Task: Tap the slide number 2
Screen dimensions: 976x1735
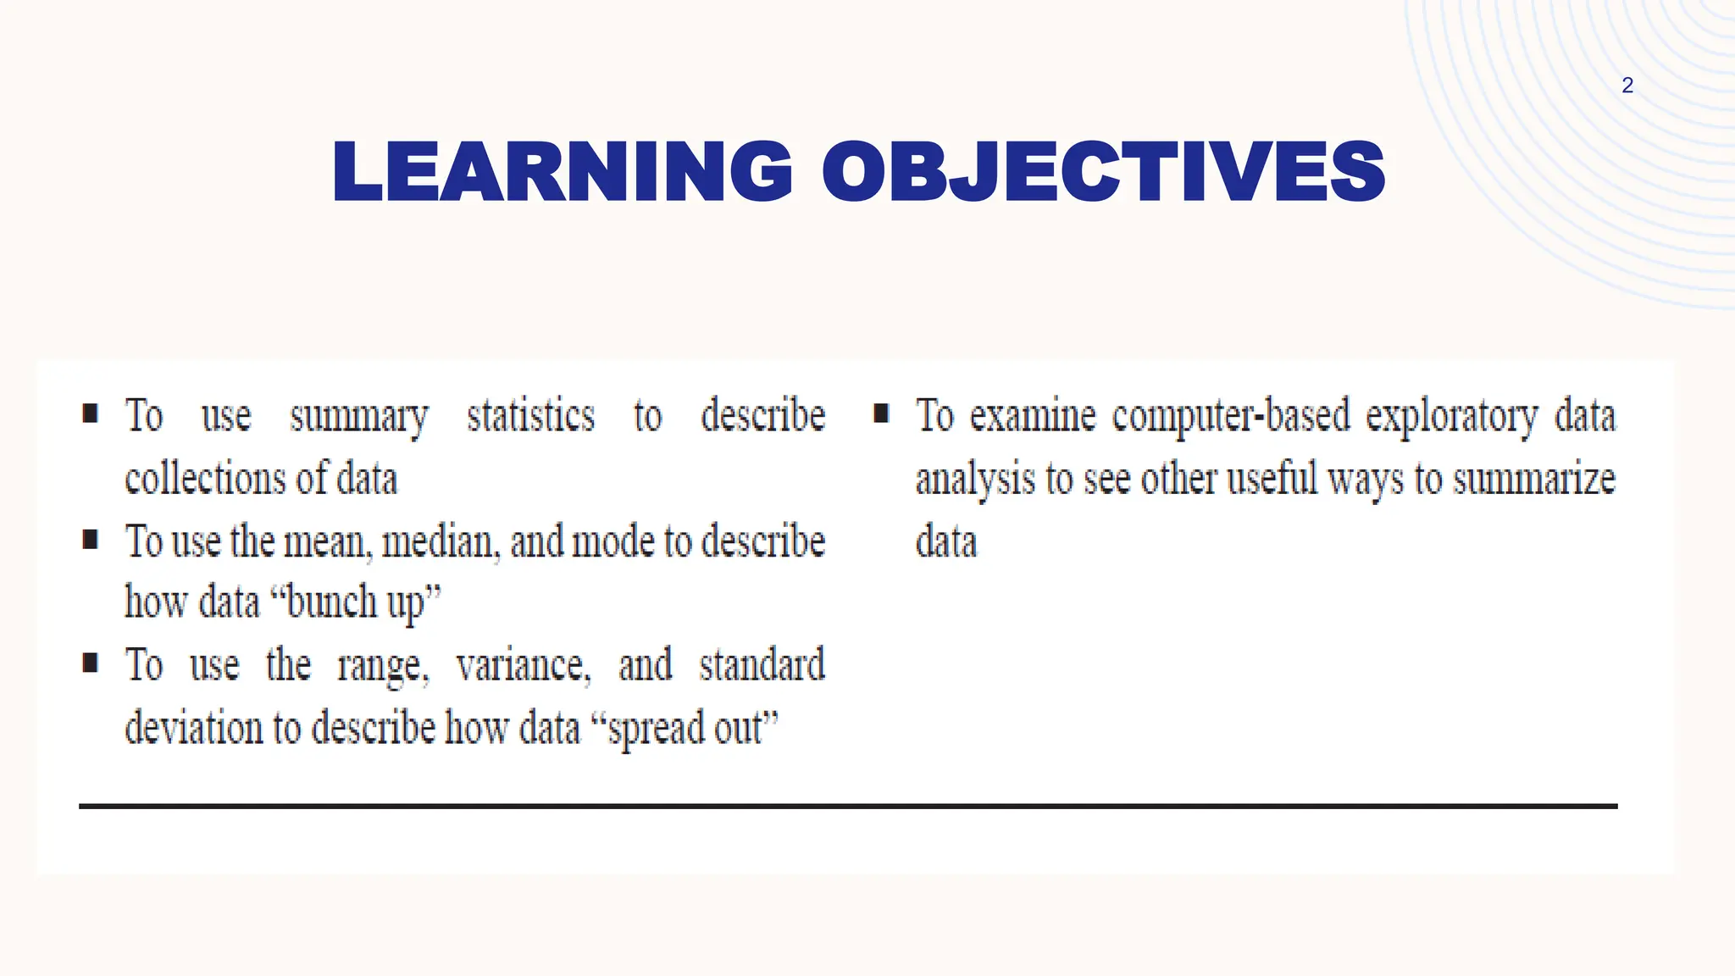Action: (1627, 86)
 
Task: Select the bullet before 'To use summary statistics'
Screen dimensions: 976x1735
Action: (91, 413)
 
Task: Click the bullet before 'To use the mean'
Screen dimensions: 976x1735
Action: (91, 539)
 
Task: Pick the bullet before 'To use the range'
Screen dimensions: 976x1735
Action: (91, 662)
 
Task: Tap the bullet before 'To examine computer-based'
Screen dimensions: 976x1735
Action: (881, 413)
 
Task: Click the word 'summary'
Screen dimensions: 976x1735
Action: (359, 417)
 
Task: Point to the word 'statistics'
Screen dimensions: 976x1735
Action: (531, 415)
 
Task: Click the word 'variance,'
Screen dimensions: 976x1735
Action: (523, 665)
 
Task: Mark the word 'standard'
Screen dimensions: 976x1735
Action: (762, 664)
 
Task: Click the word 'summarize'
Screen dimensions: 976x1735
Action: (1534, 479)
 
